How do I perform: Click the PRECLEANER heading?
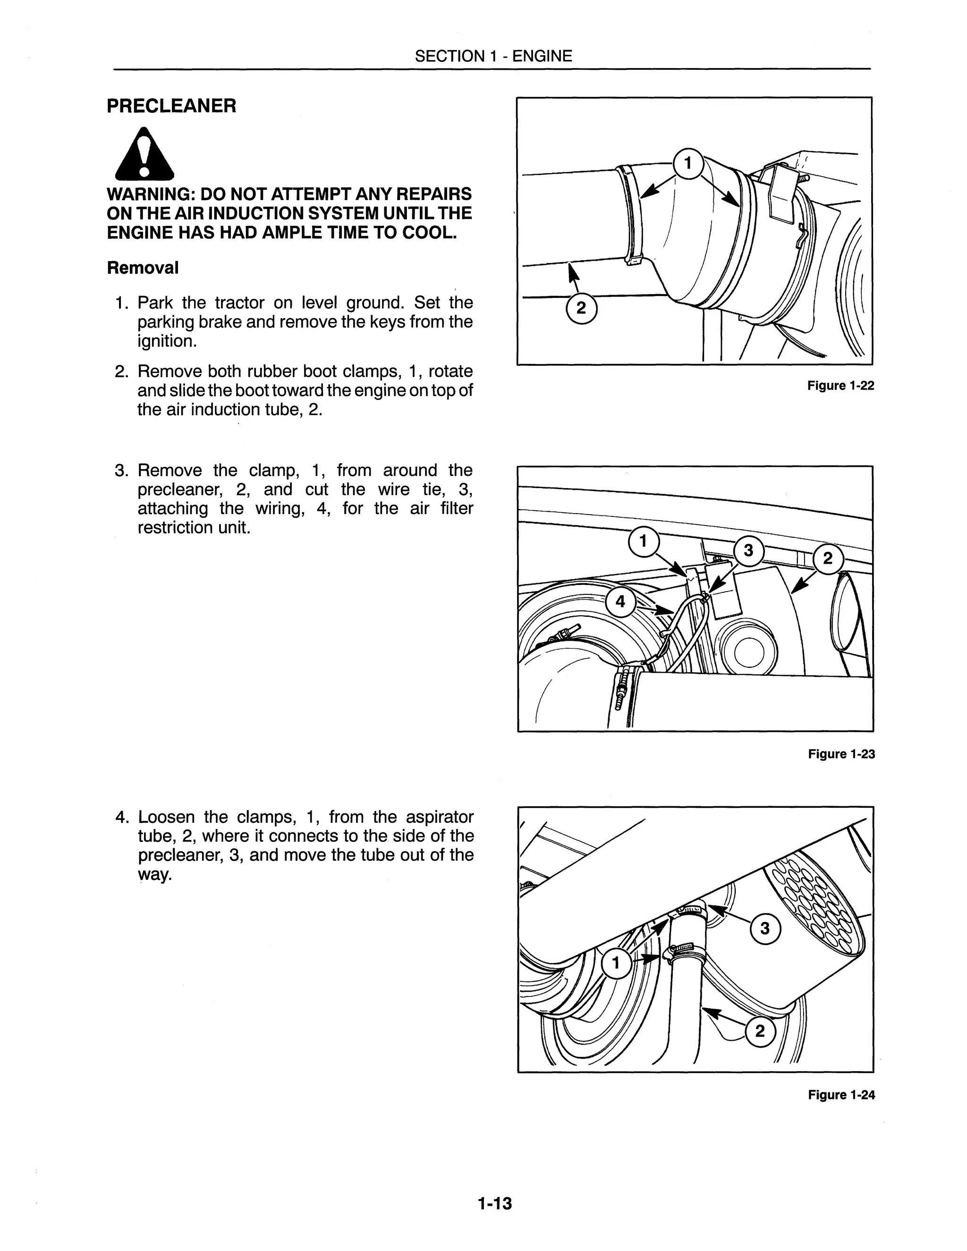[171, 106]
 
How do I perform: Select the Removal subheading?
[143, 268]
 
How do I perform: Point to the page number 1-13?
[494, 1203]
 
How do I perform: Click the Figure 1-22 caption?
[840, 386]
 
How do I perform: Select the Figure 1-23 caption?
[841, 754]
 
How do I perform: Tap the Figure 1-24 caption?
[841, 1095]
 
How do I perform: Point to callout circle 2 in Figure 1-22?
[581, 309]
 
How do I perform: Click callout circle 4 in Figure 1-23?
[620, 601]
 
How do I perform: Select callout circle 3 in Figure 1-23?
[748, 551]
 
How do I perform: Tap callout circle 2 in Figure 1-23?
[827, 558]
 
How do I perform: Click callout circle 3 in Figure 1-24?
[765, 928]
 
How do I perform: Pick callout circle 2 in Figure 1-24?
[760, 1031]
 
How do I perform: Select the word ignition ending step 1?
[165, 341]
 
